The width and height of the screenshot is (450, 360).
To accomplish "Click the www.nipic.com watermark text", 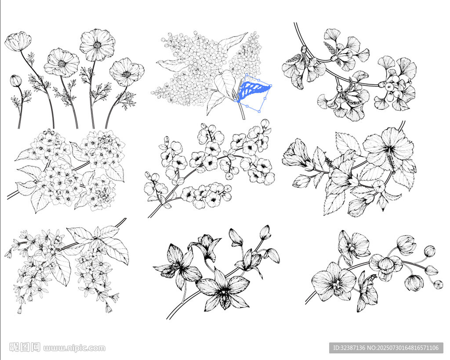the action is click(x=74, y=348).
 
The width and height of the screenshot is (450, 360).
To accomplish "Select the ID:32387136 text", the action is click(x=348, y=348).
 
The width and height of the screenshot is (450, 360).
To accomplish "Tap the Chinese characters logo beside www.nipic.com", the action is click(x=25, y=347).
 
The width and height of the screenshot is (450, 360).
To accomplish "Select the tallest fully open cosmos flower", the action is click(x=97, y=45).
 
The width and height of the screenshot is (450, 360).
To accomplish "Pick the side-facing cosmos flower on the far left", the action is click(x=18, y=42).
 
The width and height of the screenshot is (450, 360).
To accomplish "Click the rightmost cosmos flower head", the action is click(x=127, y=72).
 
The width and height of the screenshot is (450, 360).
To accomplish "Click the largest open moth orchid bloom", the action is click(x=334, y=281).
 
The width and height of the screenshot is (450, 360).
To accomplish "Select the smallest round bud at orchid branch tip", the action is click(x=438, y=284).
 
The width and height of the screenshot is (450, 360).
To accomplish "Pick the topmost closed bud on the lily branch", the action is click(x=265, y=232).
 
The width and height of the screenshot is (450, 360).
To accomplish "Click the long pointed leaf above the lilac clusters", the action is click(x=232, y=40).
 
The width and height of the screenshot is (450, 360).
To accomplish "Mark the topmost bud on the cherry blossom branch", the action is click(x=265, y=124).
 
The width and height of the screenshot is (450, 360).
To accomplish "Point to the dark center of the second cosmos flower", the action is click(x=62, y=64).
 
